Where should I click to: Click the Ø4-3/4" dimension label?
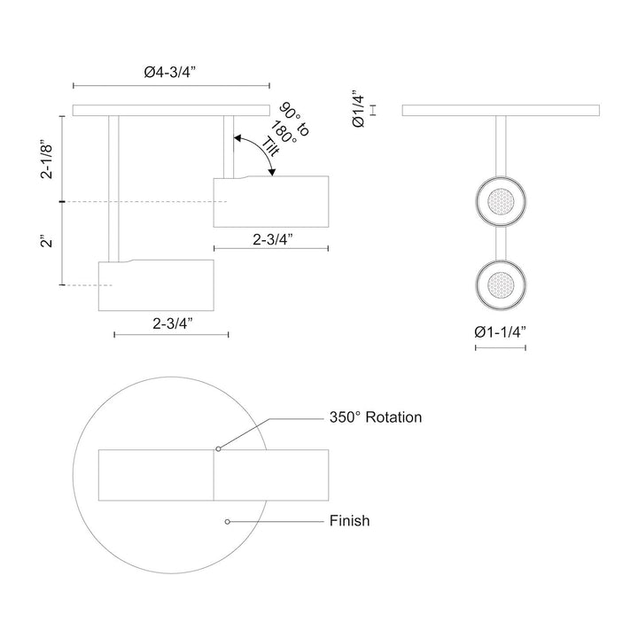(x=171, y=74)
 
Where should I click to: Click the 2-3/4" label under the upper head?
(x=271, y=238)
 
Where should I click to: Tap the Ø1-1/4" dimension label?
(x=501, y=332)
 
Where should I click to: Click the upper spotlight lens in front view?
(x=501, y=202)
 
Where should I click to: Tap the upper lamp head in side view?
(x=271, y=201)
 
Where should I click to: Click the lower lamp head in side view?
(x=156, y=285)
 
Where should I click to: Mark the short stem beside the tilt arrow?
(x=229, y=146)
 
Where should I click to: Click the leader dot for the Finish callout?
(x=228, y=521)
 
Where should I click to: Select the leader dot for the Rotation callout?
(x=219, y=449)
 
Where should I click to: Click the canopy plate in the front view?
(x=501, y=110)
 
